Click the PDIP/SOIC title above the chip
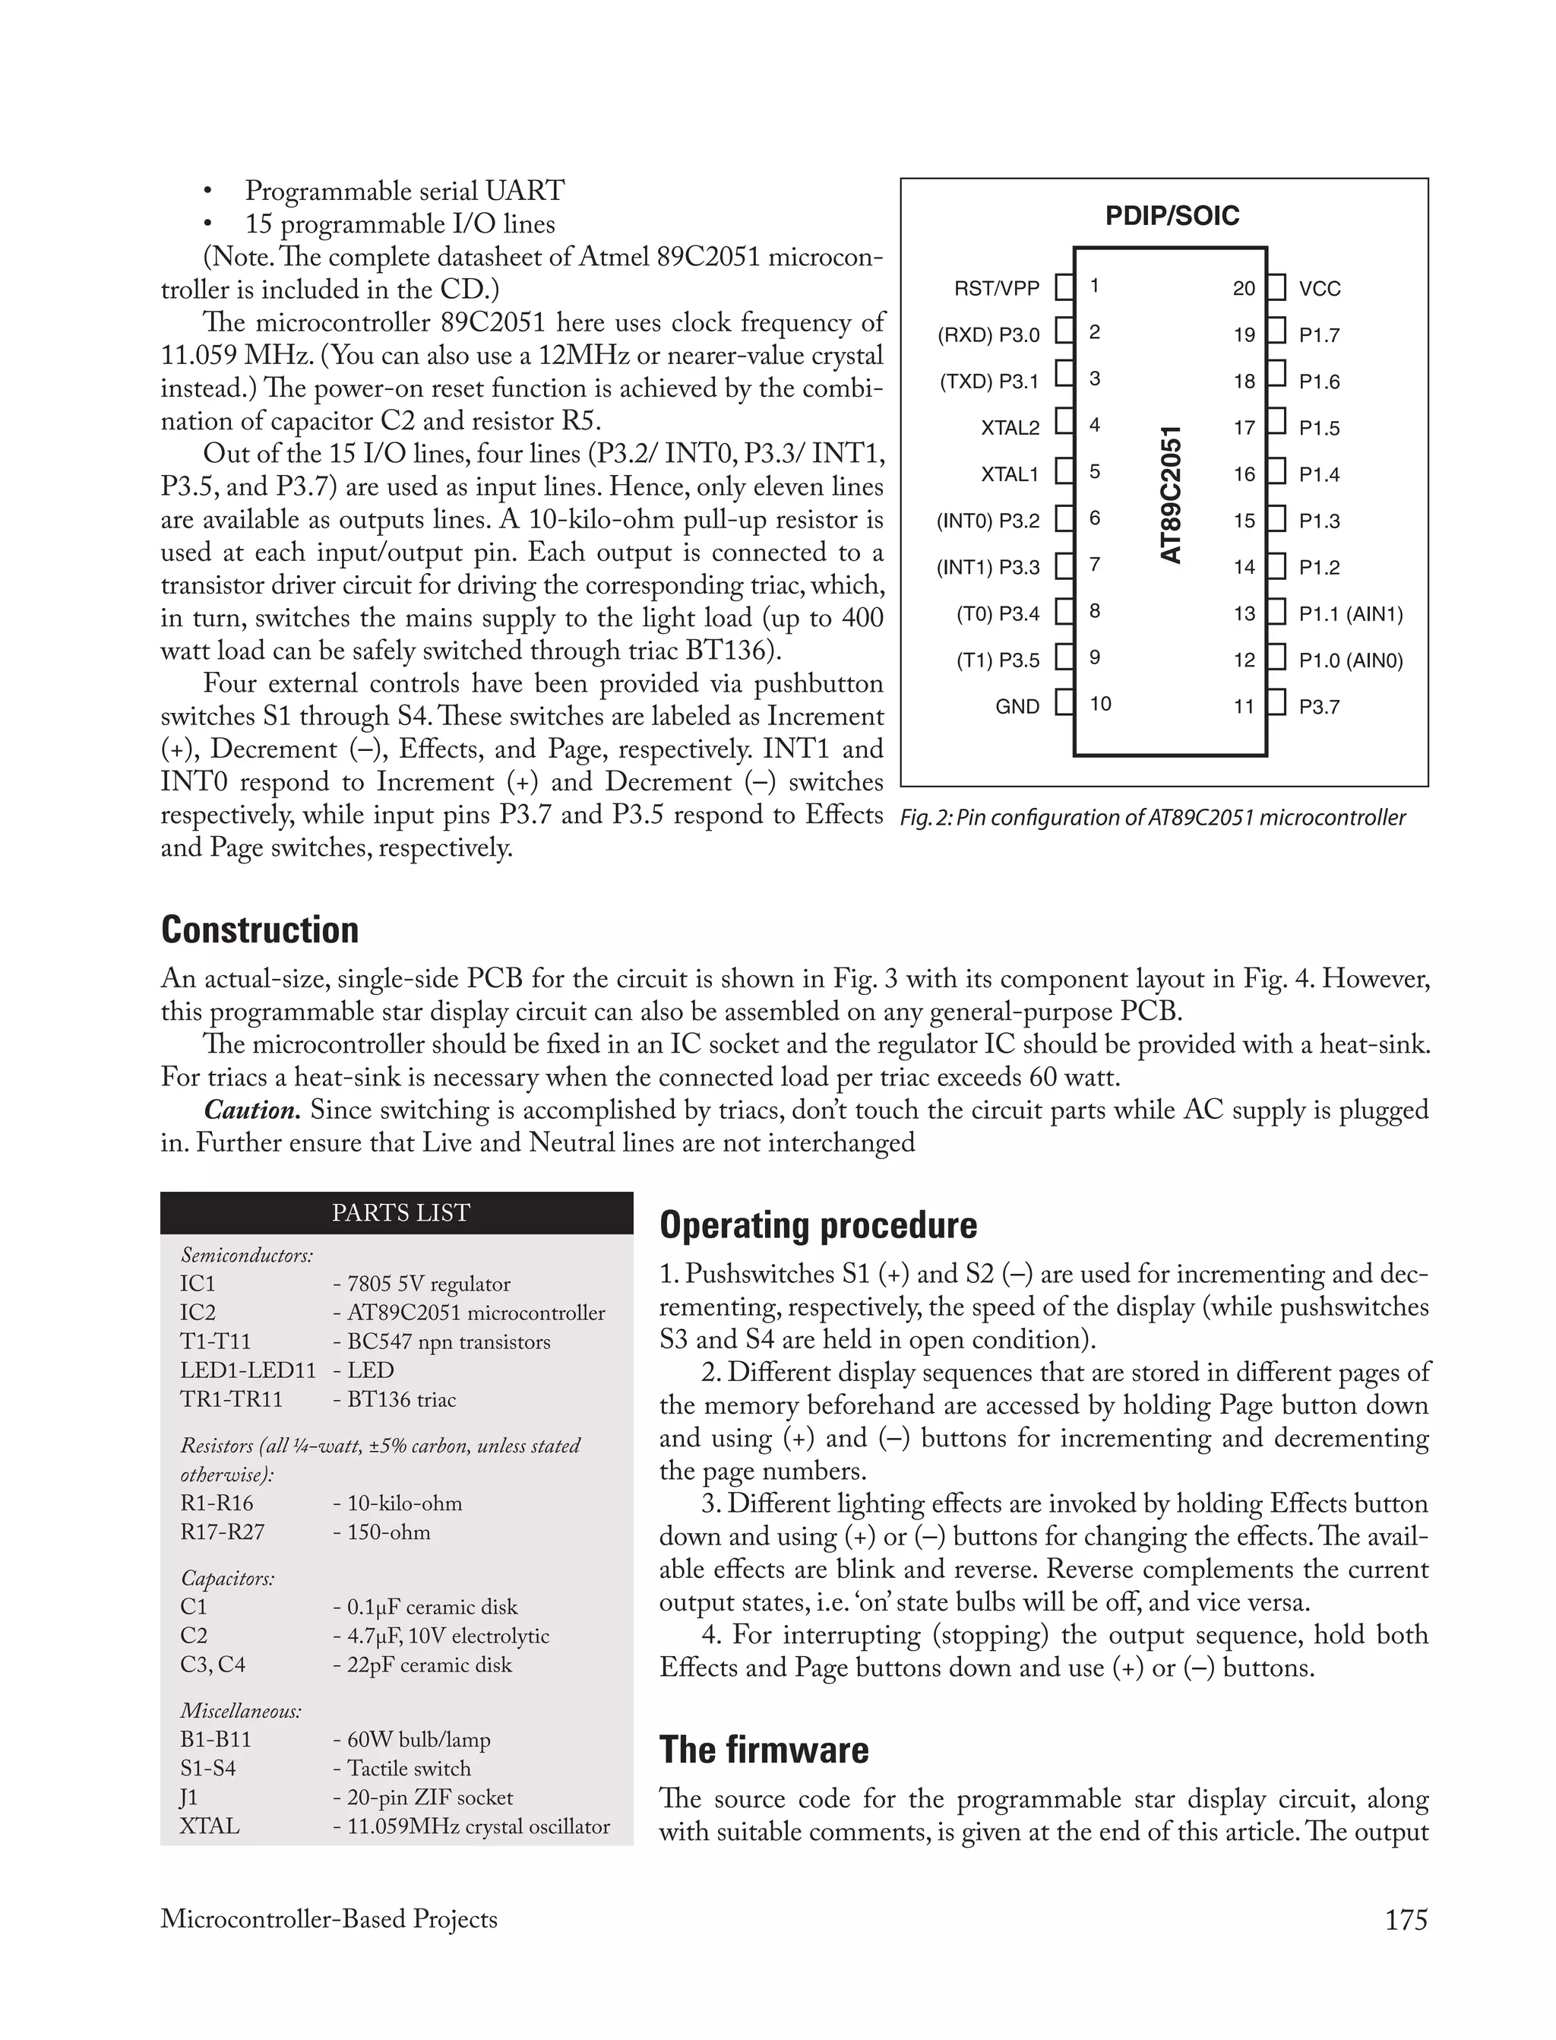click(1172, 216)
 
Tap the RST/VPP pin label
click(997, 289)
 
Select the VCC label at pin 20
click(1319, 289)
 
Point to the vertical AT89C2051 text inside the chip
click(1172, 495)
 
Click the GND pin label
click(1017, 707)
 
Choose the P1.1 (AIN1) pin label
click(1350, 614)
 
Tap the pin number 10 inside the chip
click(1099, 704)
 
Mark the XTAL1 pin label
click(1010, 474)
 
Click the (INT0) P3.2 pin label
click(988, 521)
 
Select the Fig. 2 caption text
click(1152, 818)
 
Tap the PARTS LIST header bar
click(400, 1213)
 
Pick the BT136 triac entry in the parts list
click(394, 1400)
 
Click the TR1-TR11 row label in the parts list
click(232, 1400)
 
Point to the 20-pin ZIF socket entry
click(422, 1798)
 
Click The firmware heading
click(764, 1750)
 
